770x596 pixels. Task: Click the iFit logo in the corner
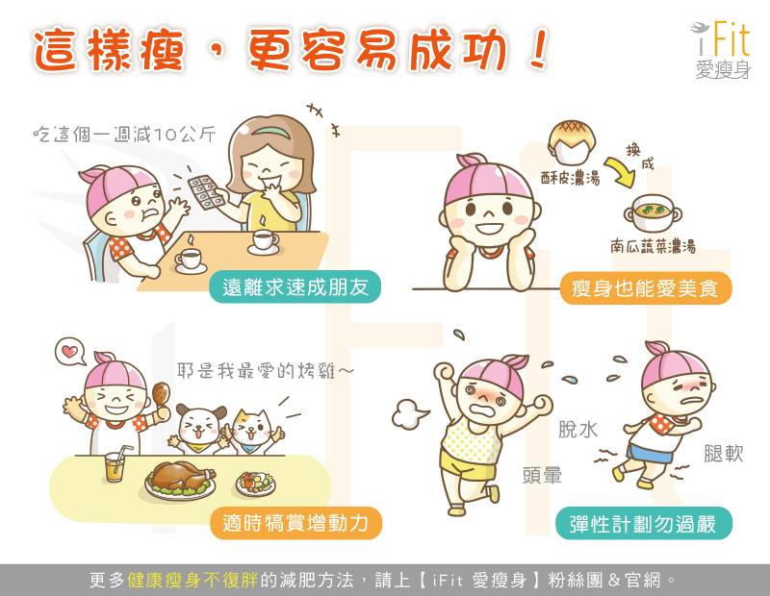[x=721, y=49]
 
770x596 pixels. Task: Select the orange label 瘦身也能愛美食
[x=645, y=288]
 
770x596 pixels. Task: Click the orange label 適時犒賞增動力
[x=295, y=523]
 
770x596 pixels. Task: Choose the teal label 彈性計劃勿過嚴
[x=643, y=524]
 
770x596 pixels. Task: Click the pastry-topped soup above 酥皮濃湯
[x=572, y=142]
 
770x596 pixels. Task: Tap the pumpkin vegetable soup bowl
[x=654, y=212]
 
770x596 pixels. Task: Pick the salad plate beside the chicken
[x=256, y=483]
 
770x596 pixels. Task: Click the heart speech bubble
[x=70, y=351]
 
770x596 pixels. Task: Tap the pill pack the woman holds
[x=206, y=192]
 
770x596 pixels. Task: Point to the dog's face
[x=200, y=425]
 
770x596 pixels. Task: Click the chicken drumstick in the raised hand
[x=161, y=395]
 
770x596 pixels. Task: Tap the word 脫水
[x=578, y=430]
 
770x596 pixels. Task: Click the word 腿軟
[x=724, y=454]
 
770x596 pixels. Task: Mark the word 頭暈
[x=542, y=475]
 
